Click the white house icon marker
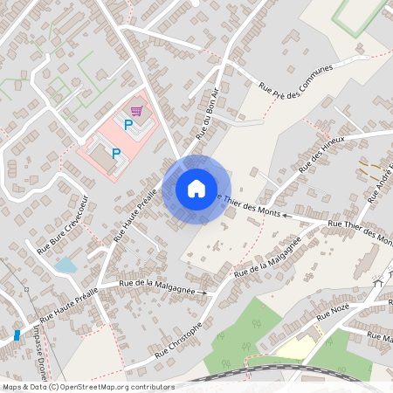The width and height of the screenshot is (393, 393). click(x=196, y=189)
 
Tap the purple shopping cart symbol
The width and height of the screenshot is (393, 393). click(x=136, y=111)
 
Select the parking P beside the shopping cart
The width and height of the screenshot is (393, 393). click(x=128, y=125)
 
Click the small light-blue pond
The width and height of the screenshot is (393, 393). click(x=65, y=264)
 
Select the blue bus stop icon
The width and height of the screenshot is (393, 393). click(x=17, y=334)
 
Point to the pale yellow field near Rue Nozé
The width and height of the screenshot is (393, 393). click(x=295, y=348)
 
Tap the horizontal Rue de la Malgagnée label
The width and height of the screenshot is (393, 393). click(x=151, y=285)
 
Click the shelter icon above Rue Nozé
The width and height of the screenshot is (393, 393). click(x=378, y=281)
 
